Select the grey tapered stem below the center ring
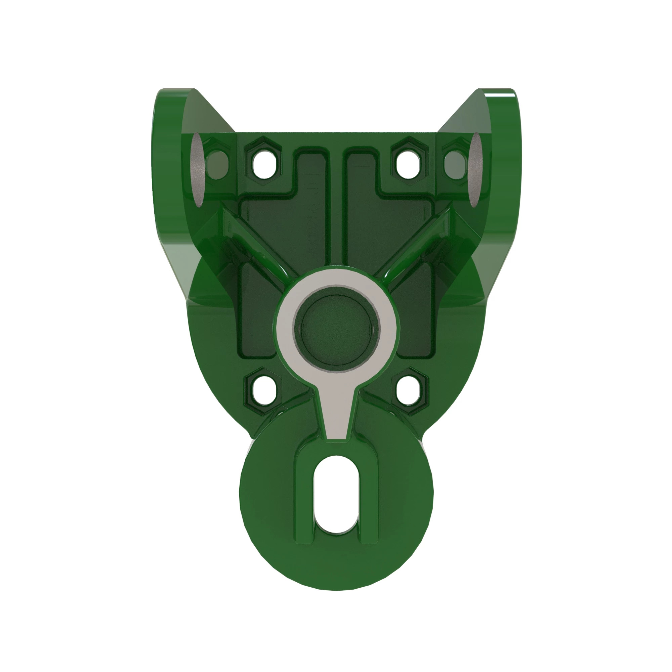click(337, 414)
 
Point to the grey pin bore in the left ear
click(197, 169)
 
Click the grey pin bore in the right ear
click(475, 169)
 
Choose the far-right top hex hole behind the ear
click(455, 164)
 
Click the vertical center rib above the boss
click(336, 209)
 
